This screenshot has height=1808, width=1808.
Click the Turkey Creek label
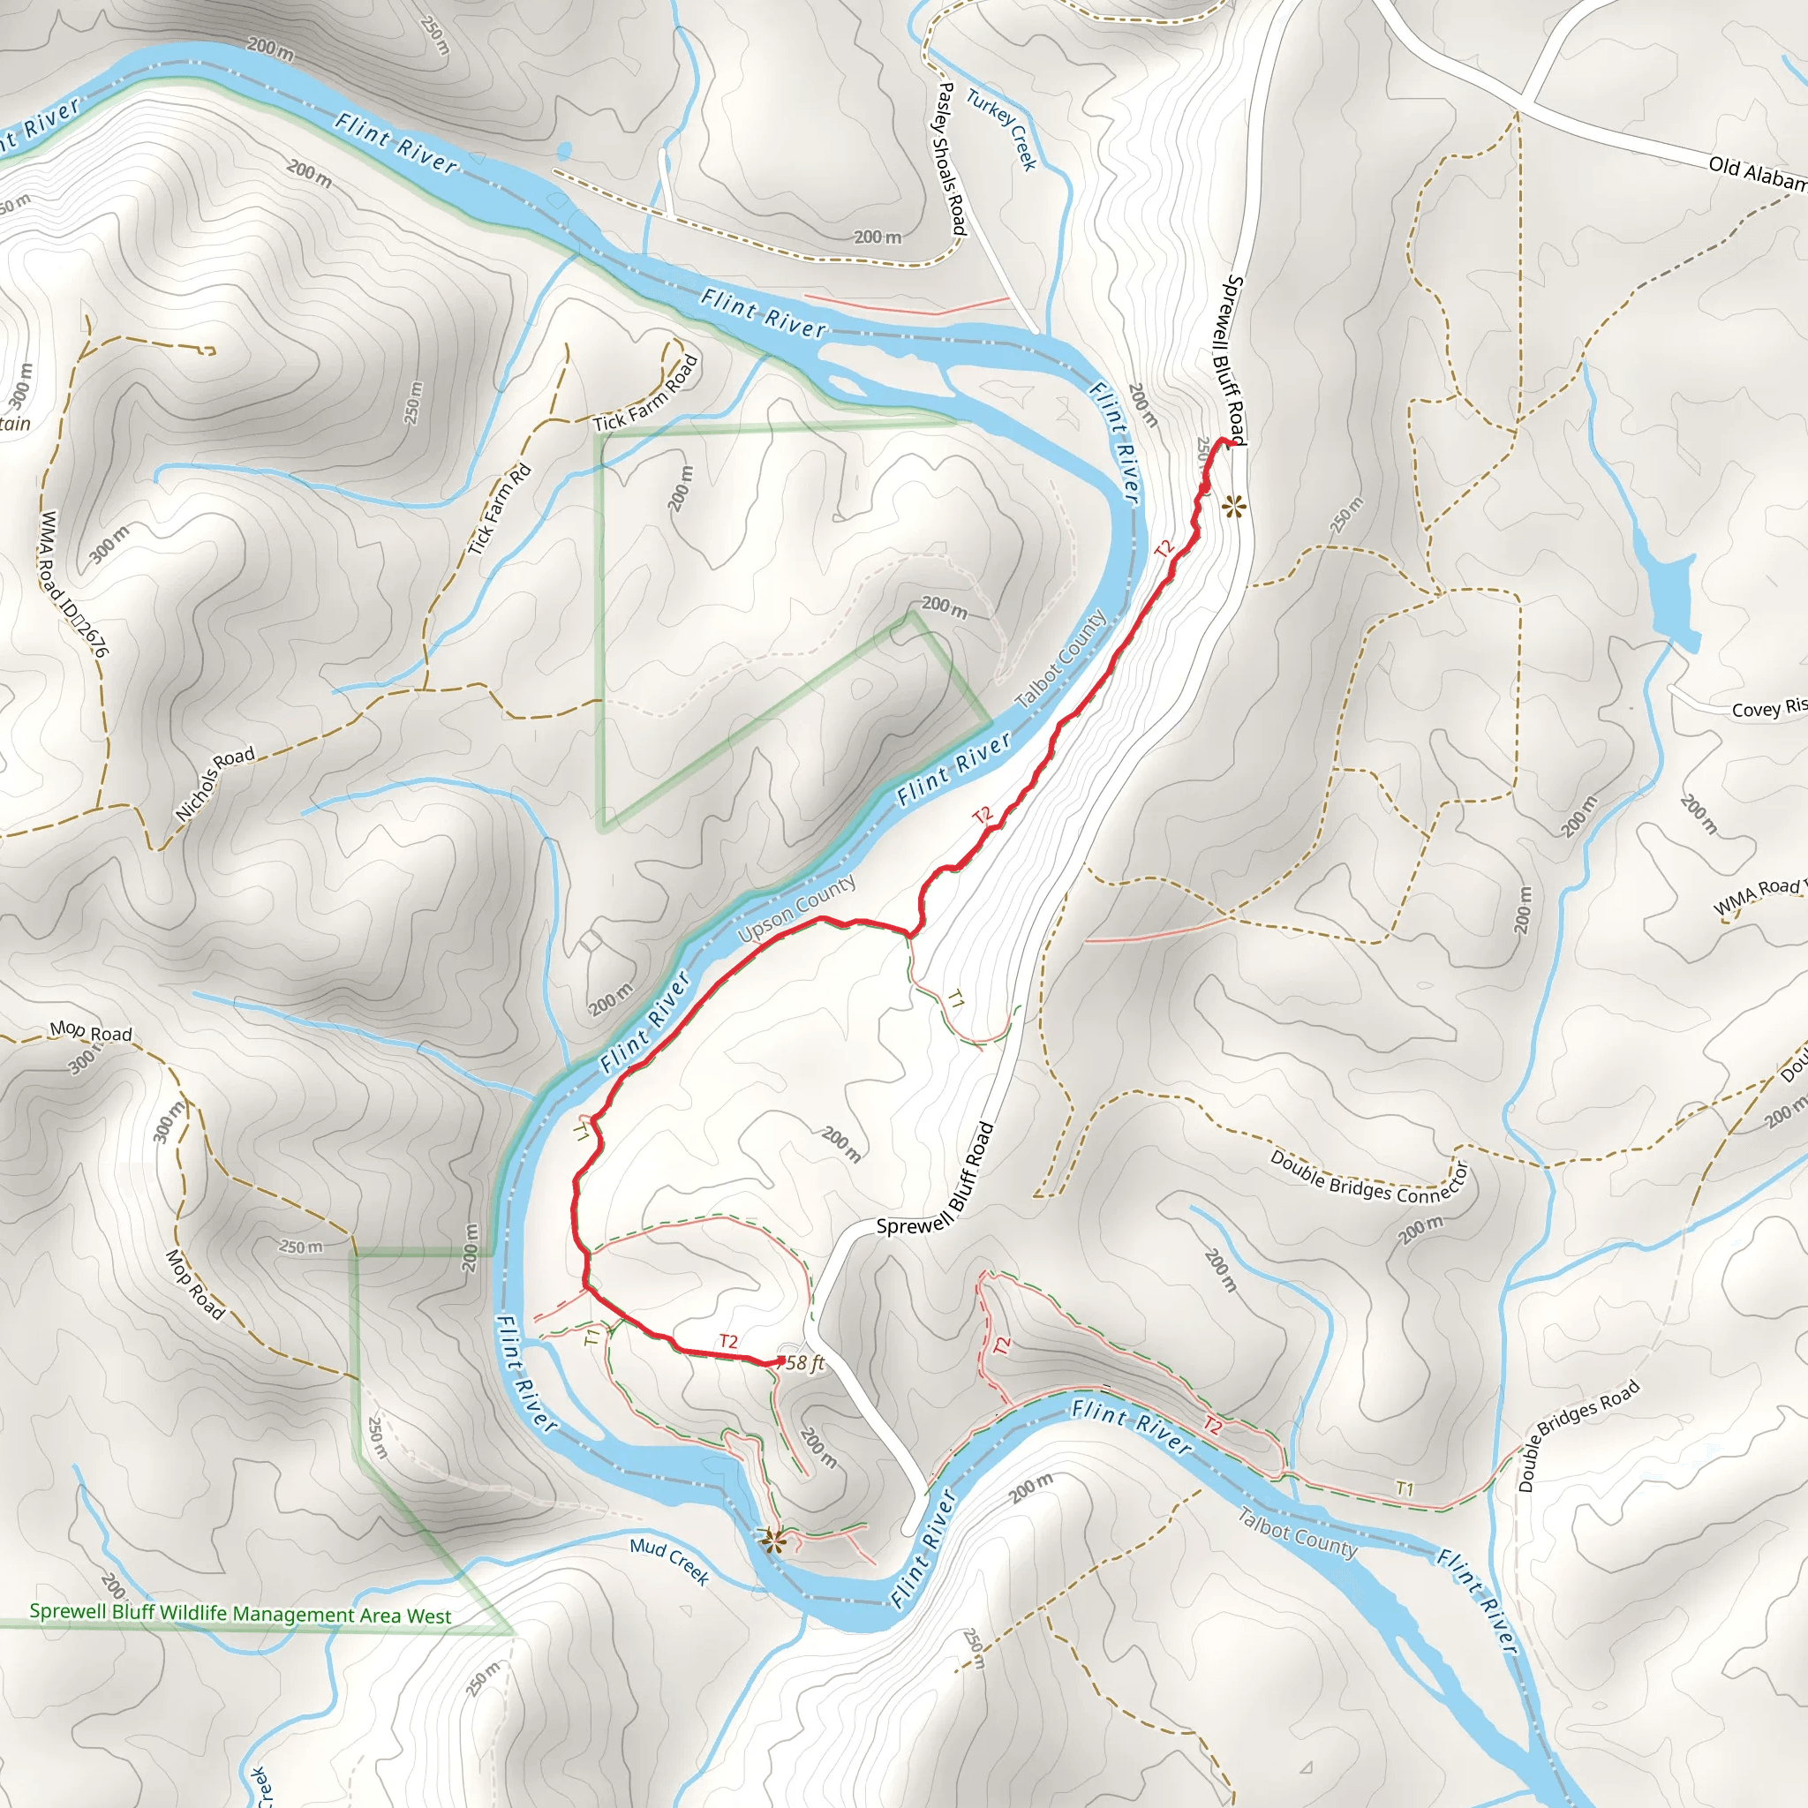click(x=1002, y=129)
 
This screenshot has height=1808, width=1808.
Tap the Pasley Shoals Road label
click(x=951, y=158)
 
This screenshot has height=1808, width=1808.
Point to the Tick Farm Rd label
click(x=500, y=509)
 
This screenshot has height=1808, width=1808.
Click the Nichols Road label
click(x=215, y=783)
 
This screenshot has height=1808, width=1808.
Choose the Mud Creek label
click(x=669, y=1560)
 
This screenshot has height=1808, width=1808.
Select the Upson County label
click(x=796, y=908)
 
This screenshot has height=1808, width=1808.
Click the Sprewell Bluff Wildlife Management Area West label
click(x=239, y=1614)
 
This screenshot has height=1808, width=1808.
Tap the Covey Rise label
click(x=1768, y=708)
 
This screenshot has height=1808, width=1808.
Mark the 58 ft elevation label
click(x=806, y=1362)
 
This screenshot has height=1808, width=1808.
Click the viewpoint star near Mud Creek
click(x=770, y=1539)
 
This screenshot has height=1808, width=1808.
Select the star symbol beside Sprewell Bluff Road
click(x=1234, y=508)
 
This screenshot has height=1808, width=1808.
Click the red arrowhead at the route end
click(x=779, y=1361)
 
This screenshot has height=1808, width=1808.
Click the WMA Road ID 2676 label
click(x=73, y=582)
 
